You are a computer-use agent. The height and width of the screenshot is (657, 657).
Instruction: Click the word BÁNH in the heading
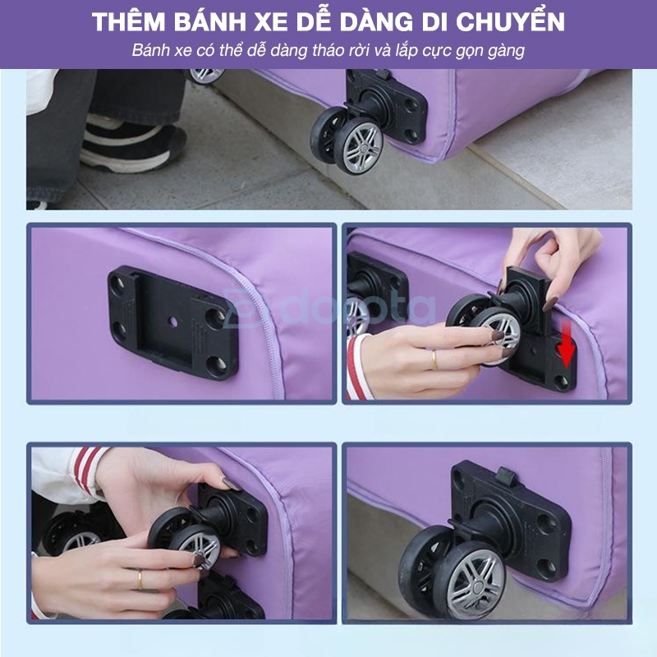pyautogui.click(x=210, y=21)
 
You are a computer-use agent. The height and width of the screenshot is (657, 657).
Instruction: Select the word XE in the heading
pyautogui.click(x=271, y=22)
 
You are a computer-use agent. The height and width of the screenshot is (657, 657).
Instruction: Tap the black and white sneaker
pyautogui.click(x=133, y=145)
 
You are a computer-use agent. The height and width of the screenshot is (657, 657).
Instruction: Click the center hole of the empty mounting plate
pyautogui.click(x=173, y=322)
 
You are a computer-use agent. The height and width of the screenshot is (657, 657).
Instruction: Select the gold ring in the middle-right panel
pyautogui.click(x=434, y=361)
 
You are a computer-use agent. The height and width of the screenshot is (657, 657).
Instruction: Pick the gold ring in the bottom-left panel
pyautogui.click(x=139, y=580)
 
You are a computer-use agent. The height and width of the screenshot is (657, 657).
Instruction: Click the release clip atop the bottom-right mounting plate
pyautogui.click(x=505, y=476)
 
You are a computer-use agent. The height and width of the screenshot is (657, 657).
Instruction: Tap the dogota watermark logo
pyautogui.click(x=329, y=309)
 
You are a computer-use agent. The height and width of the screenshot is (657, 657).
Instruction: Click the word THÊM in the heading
pyautogui.click(x=129, y=21)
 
